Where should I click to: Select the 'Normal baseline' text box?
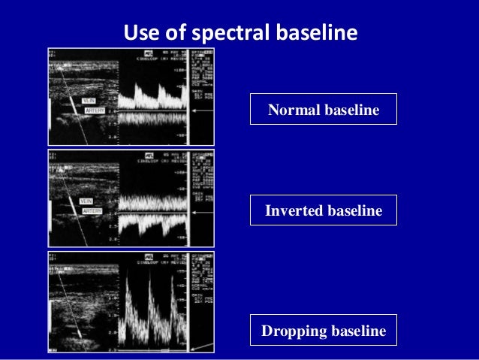tap(324, 110)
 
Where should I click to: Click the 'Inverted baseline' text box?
tap(324, 211)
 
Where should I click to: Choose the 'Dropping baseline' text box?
tap(324, 331)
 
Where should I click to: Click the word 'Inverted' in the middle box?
tap(294, 211)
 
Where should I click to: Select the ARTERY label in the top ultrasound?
tap(94, 110)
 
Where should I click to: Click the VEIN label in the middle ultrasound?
tap(87, 202)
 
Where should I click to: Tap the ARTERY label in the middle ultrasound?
tap(92, 211)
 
